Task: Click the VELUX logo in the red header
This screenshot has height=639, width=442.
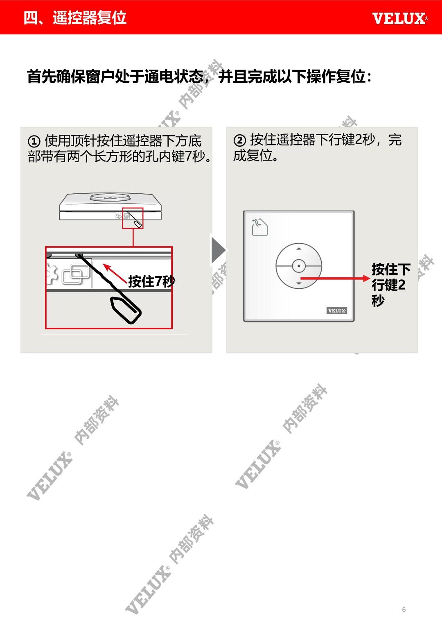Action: click(x=400, y=18)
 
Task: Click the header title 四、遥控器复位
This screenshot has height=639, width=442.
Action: click(x=75, y=18)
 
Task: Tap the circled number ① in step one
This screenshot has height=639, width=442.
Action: click(x=34, y=141)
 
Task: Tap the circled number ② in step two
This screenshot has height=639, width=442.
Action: click(x=239, y=140)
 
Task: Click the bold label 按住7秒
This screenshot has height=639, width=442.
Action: click(x=151, y=281)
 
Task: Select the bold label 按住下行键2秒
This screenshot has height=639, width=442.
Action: click(x=391, y=284)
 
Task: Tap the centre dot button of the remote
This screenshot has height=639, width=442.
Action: click(x=299, y=266)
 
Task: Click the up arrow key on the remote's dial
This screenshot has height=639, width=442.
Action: click(x=299, y=249)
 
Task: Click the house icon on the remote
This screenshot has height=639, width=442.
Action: click(x=259, y=227)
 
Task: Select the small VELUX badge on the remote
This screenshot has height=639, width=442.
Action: click(x=336, y=310)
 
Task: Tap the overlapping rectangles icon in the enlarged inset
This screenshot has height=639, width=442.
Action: click(x=76, y=274)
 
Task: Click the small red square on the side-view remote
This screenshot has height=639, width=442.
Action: click(x=133, y=218)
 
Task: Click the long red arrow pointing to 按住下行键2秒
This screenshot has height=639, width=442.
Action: click(x=335, y=279)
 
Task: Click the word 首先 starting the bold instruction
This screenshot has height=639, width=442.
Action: click(x=42, y=77)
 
